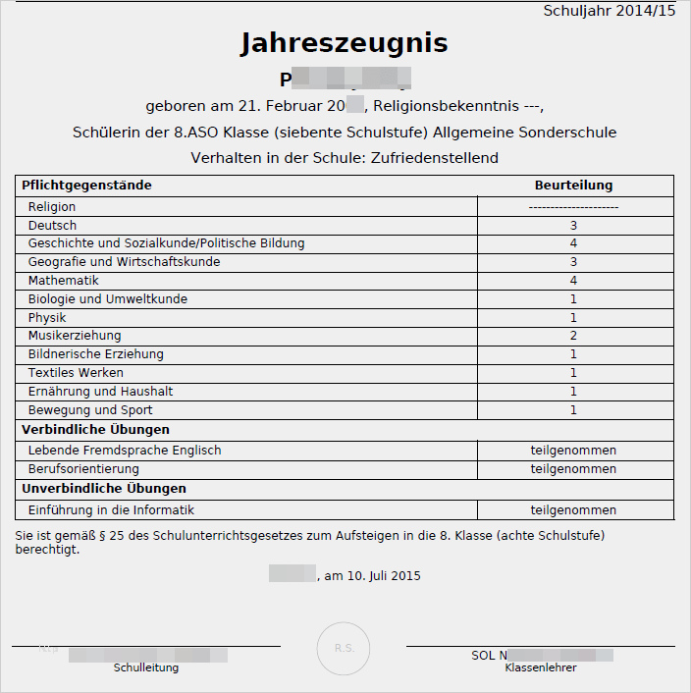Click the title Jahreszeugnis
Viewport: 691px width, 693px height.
tap(344, 43)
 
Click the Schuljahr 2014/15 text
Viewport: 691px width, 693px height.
tap(609, 11)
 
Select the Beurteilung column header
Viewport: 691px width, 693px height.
tap(573, 186)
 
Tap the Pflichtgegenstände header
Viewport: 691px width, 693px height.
tap(86, 186)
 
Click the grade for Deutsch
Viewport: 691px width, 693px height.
tap(573, 225)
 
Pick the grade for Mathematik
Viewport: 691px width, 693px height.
tap(573, 281)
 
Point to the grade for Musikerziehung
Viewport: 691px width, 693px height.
tap(573, 336)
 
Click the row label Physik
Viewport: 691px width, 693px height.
tap(48, 318)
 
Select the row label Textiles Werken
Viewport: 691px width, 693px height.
tap(76, 373)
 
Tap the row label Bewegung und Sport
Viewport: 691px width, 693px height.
tap(90, 410)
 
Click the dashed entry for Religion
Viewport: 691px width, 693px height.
tap(573, 207)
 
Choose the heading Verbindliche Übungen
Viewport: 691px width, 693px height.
tap(95, 430)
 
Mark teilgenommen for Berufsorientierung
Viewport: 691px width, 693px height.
tap(573, 469)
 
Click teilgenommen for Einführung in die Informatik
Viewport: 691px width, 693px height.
tap(573, 510)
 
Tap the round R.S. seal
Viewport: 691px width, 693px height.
tap(344, 648)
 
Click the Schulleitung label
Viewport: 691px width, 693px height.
tap(146, 667)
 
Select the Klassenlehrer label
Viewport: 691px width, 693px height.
tap(541, 667)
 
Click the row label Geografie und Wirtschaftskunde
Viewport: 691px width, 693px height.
tap(124, 262)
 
